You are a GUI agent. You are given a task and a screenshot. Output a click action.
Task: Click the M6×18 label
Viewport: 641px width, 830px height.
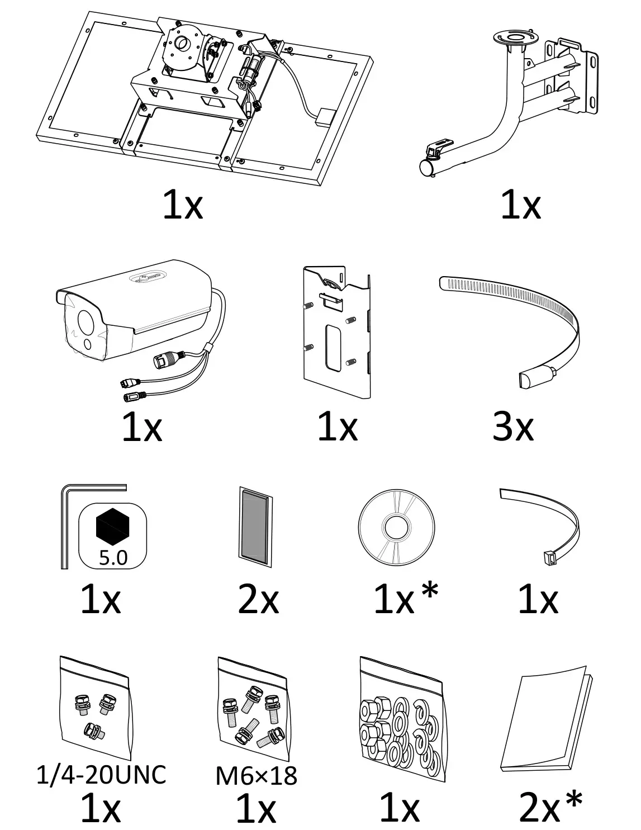256,775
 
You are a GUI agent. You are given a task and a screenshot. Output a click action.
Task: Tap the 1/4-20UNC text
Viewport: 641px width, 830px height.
101,774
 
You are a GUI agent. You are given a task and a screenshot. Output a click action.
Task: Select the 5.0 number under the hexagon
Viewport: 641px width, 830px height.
113,557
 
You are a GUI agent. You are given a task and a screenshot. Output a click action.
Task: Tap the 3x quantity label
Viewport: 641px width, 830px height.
512,428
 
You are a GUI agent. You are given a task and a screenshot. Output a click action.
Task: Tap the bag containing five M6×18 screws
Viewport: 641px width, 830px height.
251,718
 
